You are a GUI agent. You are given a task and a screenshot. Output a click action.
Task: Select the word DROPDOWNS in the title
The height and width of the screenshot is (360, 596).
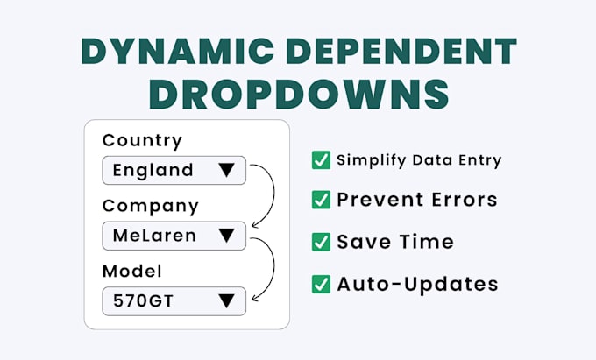click(298, 93)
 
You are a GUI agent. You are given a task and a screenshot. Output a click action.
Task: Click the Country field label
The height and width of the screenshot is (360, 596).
click(142, 140)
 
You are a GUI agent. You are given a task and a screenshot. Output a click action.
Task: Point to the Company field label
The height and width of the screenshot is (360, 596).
click(150, 206)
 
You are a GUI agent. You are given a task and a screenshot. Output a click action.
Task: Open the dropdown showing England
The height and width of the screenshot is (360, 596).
click(174, 170)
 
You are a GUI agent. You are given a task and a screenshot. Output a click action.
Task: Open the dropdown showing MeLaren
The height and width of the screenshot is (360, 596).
click(174, 235)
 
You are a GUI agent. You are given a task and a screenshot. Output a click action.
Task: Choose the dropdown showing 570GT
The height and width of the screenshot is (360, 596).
click(174, 300)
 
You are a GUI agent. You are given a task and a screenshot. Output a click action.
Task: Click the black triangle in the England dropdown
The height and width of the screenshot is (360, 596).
click(227, 170)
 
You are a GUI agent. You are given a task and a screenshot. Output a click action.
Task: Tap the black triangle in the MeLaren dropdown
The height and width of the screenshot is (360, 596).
click(227, 235)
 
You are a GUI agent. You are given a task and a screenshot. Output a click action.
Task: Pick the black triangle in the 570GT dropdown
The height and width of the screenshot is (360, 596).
click(227, 300)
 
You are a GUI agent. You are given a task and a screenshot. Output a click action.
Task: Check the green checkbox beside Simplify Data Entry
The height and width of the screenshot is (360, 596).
click(321, 159)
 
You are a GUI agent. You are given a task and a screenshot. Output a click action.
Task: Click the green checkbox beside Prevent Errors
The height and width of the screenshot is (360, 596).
click(321, 200)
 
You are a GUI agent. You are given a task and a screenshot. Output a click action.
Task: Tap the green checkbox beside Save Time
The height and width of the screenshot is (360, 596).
click(321, 242)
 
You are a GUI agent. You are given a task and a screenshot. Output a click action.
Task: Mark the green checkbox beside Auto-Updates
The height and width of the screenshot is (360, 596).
click(321, 284)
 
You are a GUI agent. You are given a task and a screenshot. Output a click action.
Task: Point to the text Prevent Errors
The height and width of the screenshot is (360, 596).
click(416, 200)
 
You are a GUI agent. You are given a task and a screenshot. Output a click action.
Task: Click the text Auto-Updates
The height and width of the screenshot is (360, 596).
click(417, 284)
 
